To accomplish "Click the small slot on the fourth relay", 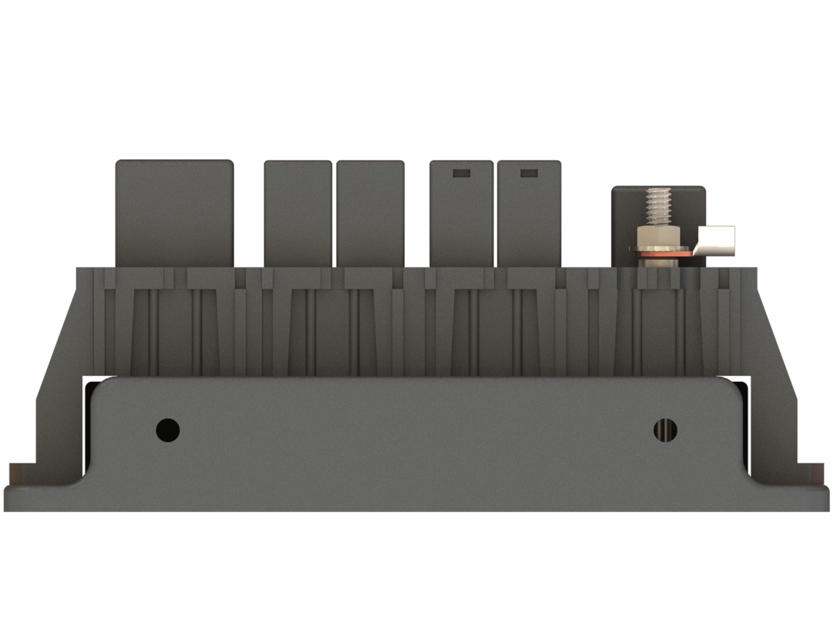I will tap(461, 172).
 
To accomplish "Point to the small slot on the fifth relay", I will tap(529, 172).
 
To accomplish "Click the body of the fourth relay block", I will tap(461, 226).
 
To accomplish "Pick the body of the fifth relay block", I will tap(529, 226).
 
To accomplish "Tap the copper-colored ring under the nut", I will tap(659, 253).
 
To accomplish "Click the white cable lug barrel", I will tap(717, 240).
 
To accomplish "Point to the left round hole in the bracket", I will tap(168, 430).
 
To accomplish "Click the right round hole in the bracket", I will tap(665, 430).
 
